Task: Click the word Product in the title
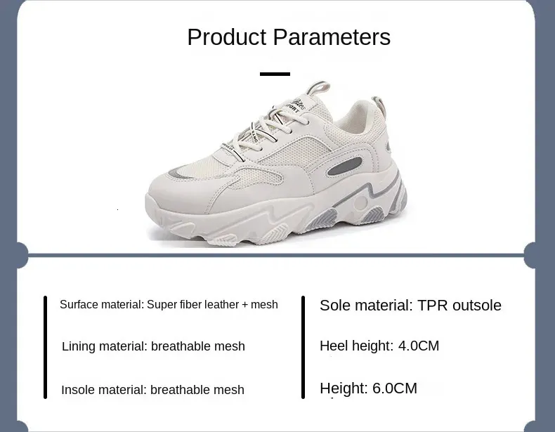tap(227, 37)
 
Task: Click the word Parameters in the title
tap(332, 37)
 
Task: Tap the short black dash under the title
tap(275, 74)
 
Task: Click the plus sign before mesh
tap(245, 305)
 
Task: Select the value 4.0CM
tap(419, 346)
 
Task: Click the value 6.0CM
tap(395, 388)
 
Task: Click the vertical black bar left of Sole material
tap(303, 348)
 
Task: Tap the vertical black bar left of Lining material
tap(45, 348)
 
